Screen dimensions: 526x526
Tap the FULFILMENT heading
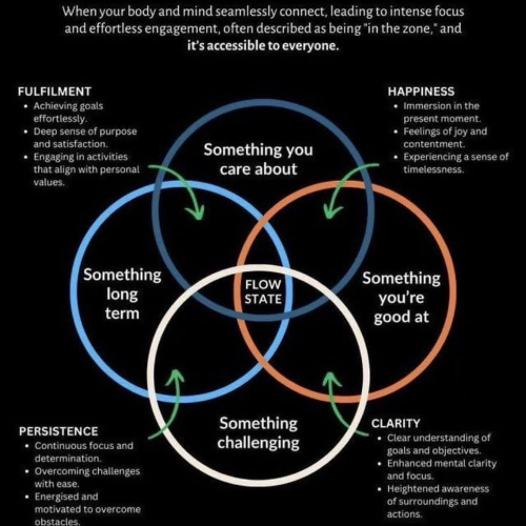[55, 92]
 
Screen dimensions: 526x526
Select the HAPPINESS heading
[421, 92]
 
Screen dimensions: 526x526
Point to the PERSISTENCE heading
[59, 431]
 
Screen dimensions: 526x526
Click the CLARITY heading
[396, 423]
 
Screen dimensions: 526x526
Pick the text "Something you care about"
[258, 159]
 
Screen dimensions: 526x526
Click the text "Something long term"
[122, 294]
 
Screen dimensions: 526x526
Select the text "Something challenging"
[258, 433]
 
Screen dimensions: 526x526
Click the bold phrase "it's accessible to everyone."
[263, 46]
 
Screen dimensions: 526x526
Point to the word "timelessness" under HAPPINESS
[433, 170]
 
